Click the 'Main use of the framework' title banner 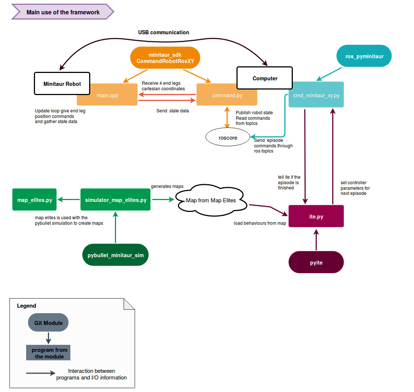(x=63, y=12)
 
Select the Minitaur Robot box (x=62, y=84)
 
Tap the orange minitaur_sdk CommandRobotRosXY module (x=165, y=58)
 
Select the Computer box (x=264, y=78)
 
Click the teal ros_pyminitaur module (x=364, y=56)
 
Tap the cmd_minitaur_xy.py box (x=316, y=95)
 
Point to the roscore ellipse (x=228, y=138)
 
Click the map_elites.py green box (x=35, y=200)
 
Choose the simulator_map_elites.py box (x=115, y=200)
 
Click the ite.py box (x=316, y=216)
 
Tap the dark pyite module (x=316, y=262)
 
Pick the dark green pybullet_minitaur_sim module (x=115, y=255)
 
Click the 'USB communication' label (x=164, y=32)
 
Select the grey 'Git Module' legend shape (x=48, y=323)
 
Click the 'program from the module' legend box (x=48, y=353)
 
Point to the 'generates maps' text (x=167, y=186)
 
